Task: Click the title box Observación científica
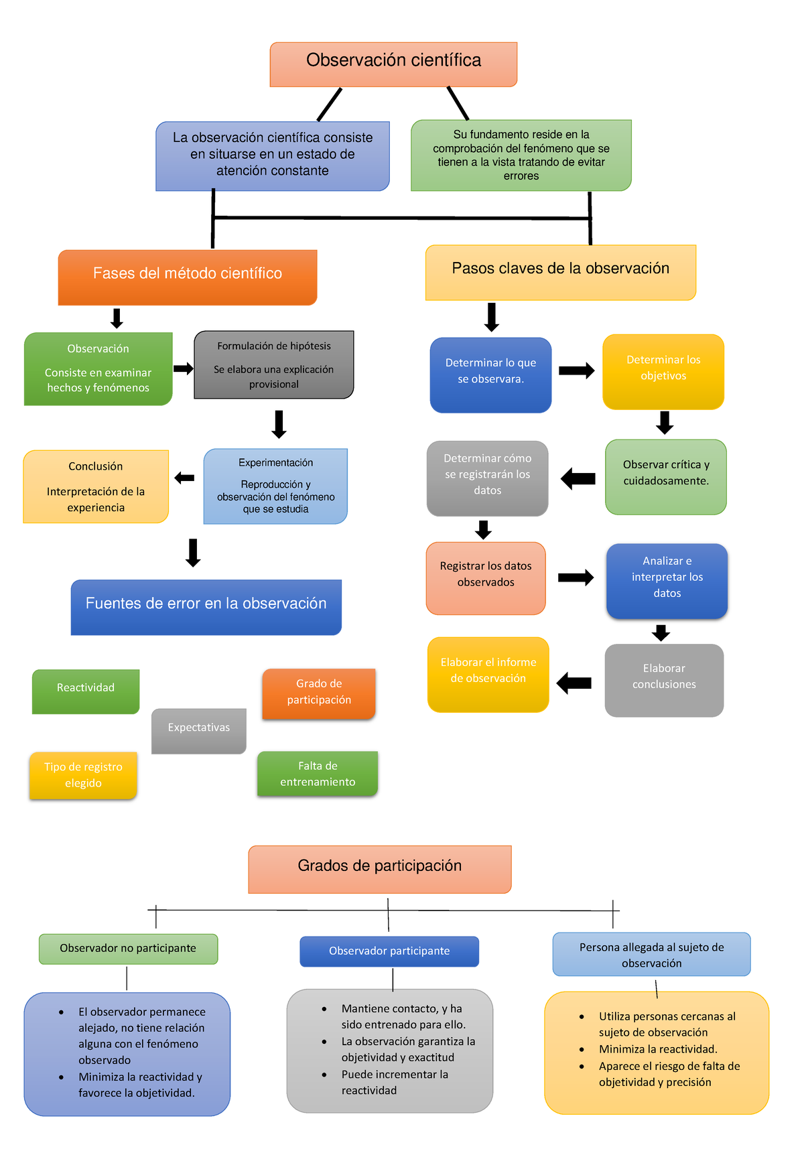[x=393, y=64]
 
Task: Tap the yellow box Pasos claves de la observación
[x=560, y=271]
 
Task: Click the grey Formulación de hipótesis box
[x=273, y=364]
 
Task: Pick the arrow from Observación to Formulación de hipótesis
[x=183, y=368]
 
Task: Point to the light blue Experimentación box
[x=275, y=486]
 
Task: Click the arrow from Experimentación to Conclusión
[x=184, y=478]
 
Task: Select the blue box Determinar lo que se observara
[x=490, y=374]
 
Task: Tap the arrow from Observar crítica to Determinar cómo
[x=578, y=478]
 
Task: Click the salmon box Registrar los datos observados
[x=486, y=578]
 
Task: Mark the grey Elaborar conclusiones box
[x=664, y=679]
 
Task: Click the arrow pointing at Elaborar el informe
[x=574, y=683]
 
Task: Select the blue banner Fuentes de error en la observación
[x=206, y=606]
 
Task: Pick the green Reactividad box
[x=86, y=691]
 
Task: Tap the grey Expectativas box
[x=198, y=730]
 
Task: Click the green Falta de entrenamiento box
[x=318, y=773]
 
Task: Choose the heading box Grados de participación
[x=380, y=868]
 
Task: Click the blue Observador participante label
[x=389, y=951]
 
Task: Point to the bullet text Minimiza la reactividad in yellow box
[x=658, y=1049]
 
